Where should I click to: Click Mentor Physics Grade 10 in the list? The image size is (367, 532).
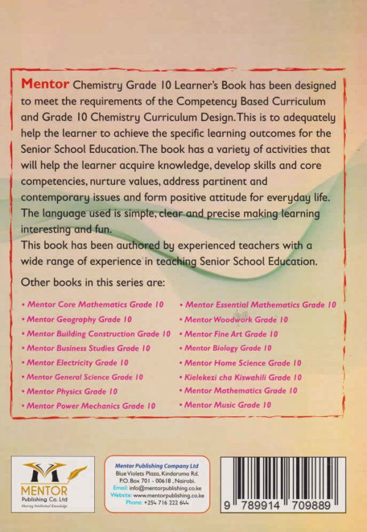tap(72, 391)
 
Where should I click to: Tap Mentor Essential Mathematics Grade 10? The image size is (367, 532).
tap(260, 304)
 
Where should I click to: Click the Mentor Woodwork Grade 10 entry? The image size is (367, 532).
tap(236, 320)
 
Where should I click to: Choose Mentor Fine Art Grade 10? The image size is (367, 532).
tap(231, 334)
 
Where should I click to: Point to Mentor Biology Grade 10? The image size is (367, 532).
tap(228, 348)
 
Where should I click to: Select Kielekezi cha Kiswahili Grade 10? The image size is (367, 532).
tap(242, 377)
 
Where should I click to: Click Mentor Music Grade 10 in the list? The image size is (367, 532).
tap(228, 405)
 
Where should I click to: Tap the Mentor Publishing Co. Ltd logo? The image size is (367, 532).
tap(53, 484)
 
